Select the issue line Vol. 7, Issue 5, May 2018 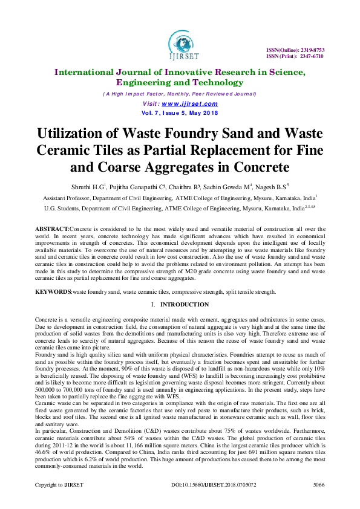(180, 112)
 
